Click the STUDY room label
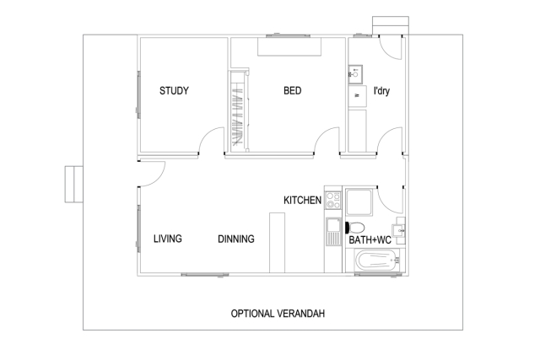click(174, 91)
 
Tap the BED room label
click(293, 91)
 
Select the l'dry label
click(381, 91)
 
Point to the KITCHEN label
click(302, 201)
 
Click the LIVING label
click(168, 239)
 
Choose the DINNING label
click(236, 239)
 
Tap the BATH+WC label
click(370, 240)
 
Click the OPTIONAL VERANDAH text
click(278, 314)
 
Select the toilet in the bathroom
click(355, 228)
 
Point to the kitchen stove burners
click(333, 201)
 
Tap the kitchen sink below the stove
click(333, 232)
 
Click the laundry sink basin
click(355, 74)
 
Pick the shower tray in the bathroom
click(359, 202)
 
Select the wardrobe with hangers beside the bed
click(238, 111)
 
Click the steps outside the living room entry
click(74, 184)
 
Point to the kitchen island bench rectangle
click(277, 243)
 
